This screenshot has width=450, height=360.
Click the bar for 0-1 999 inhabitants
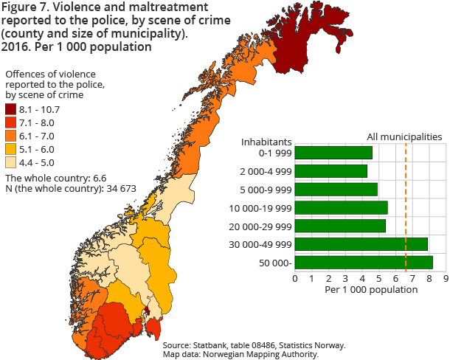[333, 153]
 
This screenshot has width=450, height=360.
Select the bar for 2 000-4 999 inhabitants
[331, 171]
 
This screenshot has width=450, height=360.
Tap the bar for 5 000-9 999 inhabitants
[336, 189]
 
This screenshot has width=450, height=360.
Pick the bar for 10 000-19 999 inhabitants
[341, 207]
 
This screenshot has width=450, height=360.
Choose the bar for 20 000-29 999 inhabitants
[340, 226]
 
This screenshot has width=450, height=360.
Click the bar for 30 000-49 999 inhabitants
[361, 244]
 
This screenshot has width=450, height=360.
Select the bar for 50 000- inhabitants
[364, 262]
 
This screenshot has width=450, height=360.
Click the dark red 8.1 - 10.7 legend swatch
[10, 109]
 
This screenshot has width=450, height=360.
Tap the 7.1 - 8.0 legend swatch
[10, 122]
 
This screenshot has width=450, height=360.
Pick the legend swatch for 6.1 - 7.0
[10, 136]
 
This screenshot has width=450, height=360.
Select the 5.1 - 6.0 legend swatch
[10, 149]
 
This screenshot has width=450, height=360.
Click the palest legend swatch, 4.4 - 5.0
[10, 162]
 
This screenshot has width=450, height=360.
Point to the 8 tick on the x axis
[429, 278]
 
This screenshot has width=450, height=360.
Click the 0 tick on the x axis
[295, 278]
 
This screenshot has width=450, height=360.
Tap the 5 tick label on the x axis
[379, 278]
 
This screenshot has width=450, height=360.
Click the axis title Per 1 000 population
[371, 290]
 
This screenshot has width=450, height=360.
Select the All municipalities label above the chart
[405, 136]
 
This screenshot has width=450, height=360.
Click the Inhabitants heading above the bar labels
[267, 141]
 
